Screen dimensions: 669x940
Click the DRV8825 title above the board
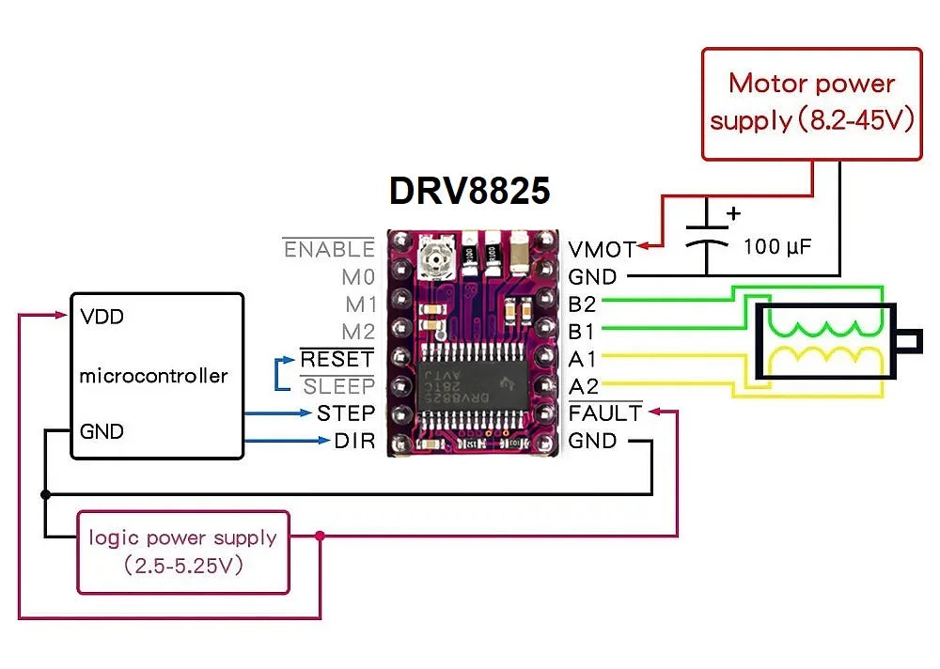[469, 191]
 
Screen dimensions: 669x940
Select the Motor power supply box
[812, 103]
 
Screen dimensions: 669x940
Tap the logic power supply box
[183, 552]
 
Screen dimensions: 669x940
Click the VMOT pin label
[602, 250]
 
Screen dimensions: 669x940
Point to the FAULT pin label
[605, 412]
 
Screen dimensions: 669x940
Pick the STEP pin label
[346, 412]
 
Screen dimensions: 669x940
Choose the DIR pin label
[354, 440]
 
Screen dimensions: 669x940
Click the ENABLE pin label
[329, 250]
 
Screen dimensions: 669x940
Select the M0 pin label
[358, 277]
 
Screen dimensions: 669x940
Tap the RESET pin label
[337, 359]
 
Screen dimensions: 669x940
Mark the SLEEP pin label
[338, 386]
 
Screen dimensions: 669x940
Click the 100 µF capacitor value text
[776, 247]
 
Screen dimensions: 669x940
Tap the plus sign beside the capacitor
[734, 212]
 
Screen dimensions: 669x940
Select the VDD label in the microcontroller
[102, 317]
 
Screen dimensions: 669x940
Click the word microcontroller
[153, 375]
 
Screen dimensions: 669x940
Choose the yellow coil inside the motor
[826, 359]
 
